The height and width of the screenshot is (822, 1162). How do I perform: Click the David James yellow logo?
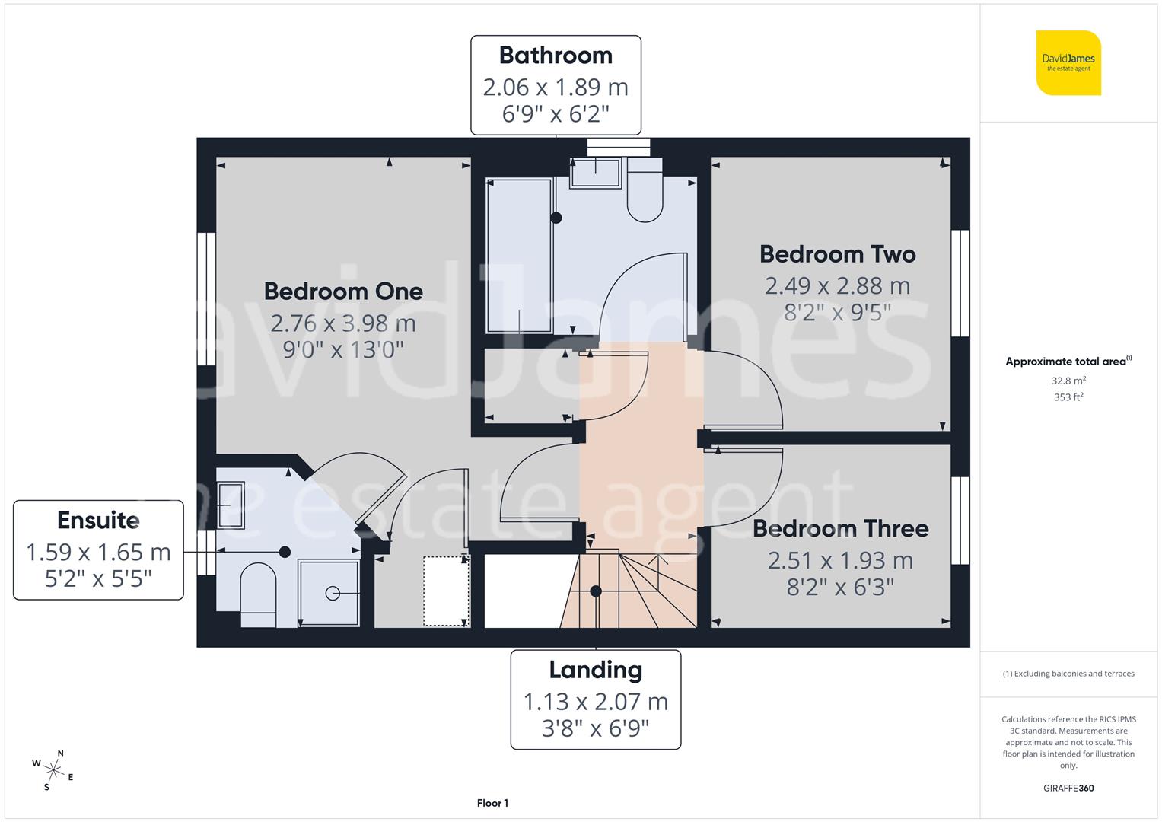[x=1068, y=63]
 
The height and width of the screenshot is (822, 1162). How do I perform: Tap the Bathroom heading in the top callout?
[x=556, y=56]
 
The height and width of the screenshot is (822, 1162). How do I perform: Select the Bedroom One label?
[x=343, y=292]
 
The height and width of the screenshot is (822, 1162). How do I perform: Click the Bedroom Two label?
[x=837, y=254]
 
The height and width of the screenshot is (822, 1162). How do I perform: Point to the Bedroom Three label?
[x=840, y=529]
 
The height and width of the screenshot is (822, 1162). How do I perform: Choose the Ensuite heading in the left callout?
[x=98, y=521]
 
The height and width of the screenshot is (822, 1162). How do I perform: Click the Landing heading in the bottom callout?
[x=595, y=671]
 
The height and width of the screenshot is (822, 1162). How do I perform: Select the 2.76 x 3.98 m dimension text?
[x=343, y=323]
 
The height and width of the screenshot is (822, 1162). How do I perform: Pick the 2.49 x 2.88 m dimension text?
[x=837, y=286]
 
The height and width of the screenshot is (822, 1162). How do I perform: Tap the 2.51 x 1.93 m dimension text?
[x=840, y=561]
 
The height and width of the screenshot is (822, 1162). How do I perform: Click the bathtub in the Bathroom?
[x=519, y=255]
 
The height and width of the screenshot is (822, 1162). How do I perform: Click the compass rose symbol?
[x=53, y=769]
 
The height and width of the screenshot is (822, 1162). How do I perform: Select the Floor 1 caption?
[x=492, y=803]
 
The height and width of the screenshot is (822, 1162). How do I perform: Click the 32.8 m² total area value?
[x=1068, y=381]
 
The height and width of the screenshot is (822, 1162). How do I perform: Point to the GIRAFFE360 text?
[x=1068, y=789]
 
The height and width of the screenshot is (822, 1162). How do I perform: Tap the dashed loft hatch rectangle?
[x=446, y=591]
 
